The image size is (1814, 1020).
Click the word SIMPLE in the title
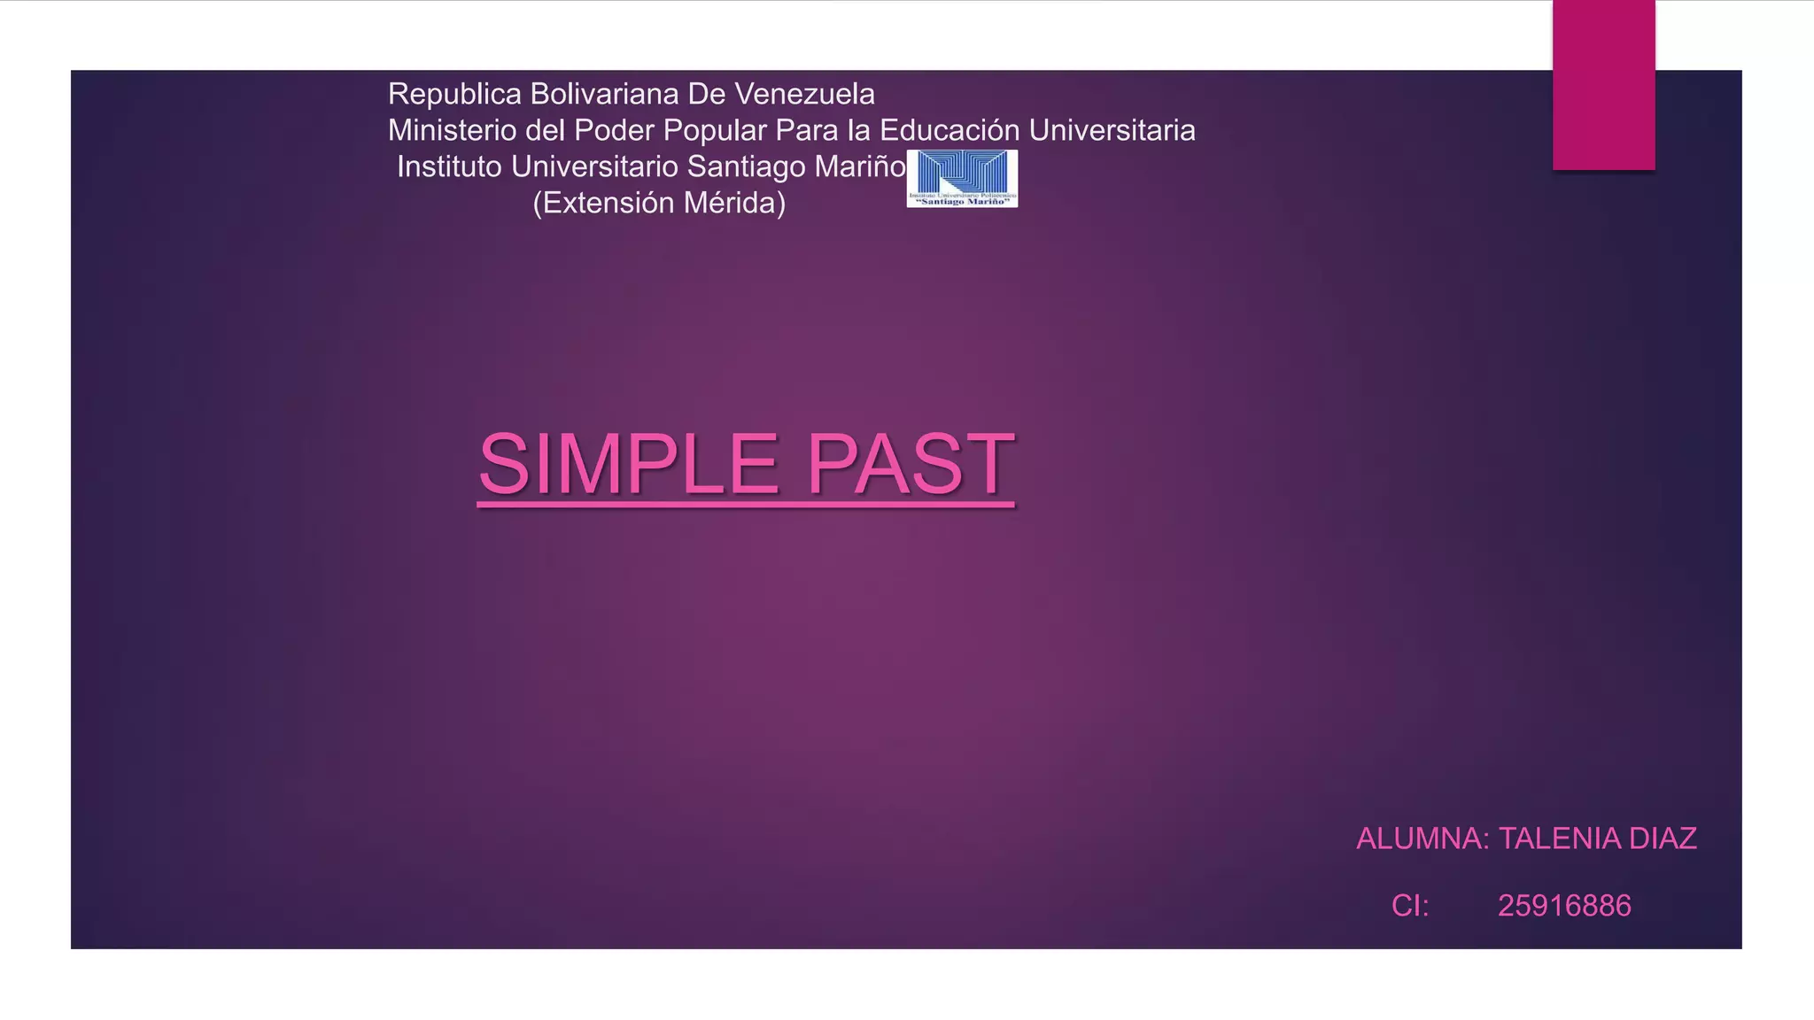point(628,464)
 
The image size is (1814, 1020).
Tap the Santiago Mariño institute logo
point(962,178)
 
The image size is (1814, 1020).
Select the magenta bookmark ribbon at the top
point(1603,85)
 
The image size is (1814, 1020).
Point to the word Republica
point(454,94)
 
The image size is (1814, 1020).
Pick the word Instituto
point(449,166)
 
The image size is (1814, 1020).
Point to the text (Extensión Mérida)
point(659,203)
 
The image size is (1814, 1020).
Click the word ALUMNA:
point(1423,838)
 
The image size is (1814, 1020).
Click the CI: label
point(1410,906)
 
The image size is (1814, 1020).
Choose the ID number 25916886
point(1564,906)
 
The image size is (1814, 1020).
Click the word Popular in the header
point(715,130)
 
